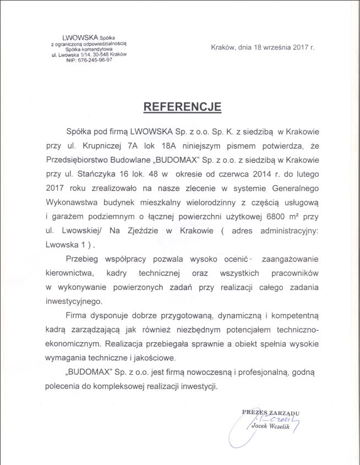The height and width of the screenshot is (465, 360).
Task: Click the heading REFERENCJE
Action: [182, 107]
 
